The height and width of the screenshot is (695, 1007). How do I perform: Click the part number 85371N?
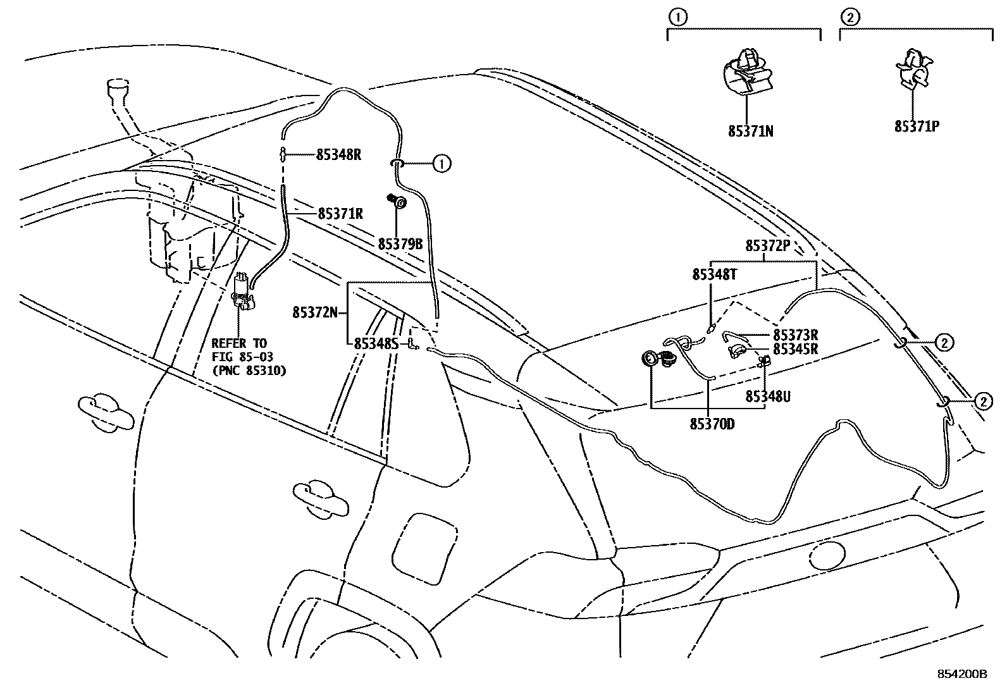(750, 132)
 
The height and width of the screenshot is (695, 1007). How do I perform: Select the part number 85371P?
(916, 126)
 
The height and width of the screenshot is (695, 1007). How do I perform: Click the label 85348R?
(338, 154)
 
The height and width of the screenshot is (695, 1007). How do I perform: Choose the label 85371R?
(340, 214)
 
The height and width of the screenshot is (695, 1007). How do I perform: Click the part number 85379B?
(400, 243)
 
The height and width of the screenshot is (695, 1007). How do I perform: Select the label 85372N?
(315, 312)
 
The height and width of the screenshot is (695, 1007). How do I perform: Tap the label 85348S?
(376, 343)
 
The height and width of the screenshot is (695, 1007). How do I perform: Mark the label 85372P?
(768, 246)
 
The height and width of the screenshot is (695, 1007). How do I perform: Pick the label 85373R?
(796, 335)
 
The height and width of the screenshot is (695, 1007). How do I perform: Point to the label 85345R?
(796, 349)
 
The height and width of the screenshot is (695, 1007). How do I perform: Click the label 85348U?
(768, 397)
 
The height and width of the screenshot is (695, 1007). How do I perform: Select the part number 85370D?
(712, 424)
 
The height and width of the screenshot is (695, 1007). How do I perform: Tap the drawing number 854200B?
(962, 673)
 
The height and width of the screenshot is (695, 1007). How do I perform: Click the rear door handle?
(321, 493)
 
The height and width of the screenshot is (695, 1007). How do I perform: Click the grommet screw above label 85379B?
(398, 202)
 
